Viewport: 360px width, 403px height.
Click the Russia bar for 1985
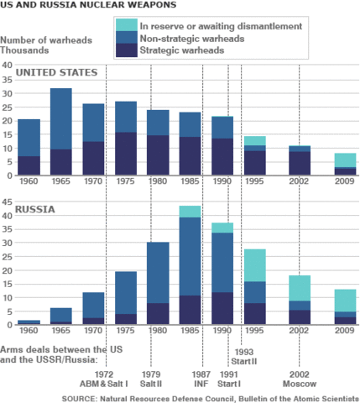tap(190, 265)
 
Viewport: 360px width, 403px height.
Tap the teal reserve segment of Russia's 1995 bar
tap(255, 265)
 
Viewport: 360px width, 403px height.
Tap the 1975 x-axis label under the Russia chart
tap(125, 332)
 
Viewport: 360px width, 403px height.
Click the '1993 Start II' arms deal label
tap(245, 356)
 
